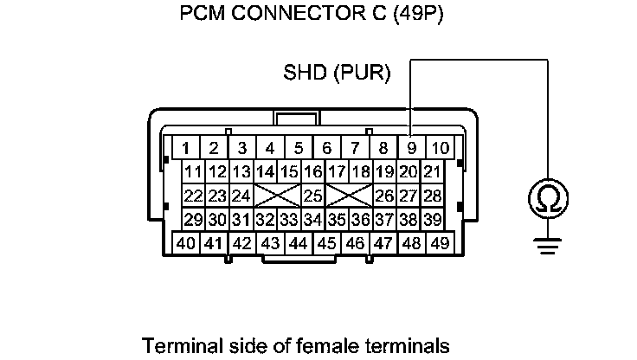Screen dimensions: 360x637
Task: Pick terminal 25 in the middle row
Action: pyautogui.click(x=313, y=196)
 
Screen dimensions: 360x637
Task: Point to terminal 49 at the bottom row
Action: pyautogui.click(x=440, y=243)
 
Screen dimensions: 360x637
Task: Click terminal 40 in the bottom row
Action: pyautogui.click(x=185, y=243)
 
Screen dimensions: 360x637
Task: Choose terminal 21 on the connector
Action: pyautogui.click(x=432, y=171)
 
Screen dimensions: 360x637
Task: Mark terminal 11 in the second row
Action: pyautogui.click(x=193, y=171)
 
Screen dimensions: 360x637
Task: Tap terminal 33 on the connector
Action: pyautogui.click(x=289, y=219)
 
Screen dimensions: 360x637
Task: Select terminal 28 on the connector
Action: pyautogui.click(x=432, y=196)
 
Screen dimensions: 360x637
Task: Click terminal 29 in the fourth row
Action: pyautogui.click(x=193, y=219)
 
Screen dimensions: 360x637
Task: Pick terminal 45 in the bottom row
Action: pyautogui.click(x=326, y=243)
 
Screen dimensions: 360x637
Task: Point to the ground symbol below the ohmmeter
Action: pyautogui.click(x=547, y=248)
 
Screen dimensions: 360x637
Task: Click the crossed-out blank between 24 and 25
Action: pyautogui.click(x=277, y=196)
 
